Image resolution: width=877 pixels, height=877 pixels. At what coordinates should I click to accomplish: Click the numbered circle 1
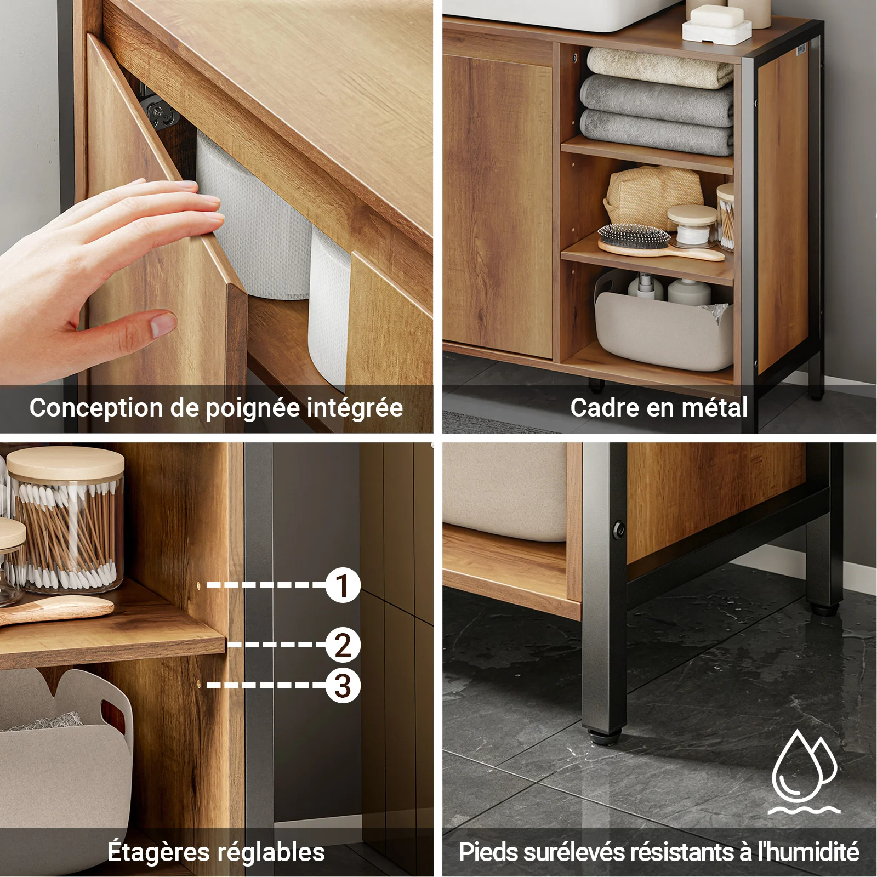[x=343, y=585]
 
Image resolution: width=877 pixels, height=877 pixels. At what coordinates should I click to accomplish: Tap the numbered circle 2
[x=343, y=645]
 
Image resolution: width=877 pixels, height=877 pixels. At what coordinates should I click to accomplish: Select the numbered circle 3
[x=343, y=685]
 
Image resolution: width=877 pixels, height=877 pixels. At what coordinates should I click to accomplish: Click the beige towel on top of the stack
[x=660, y=67]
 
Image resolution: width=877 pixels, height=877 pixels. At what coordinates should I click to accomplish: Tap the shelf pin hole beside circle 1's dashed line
[x=198, y=585]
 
